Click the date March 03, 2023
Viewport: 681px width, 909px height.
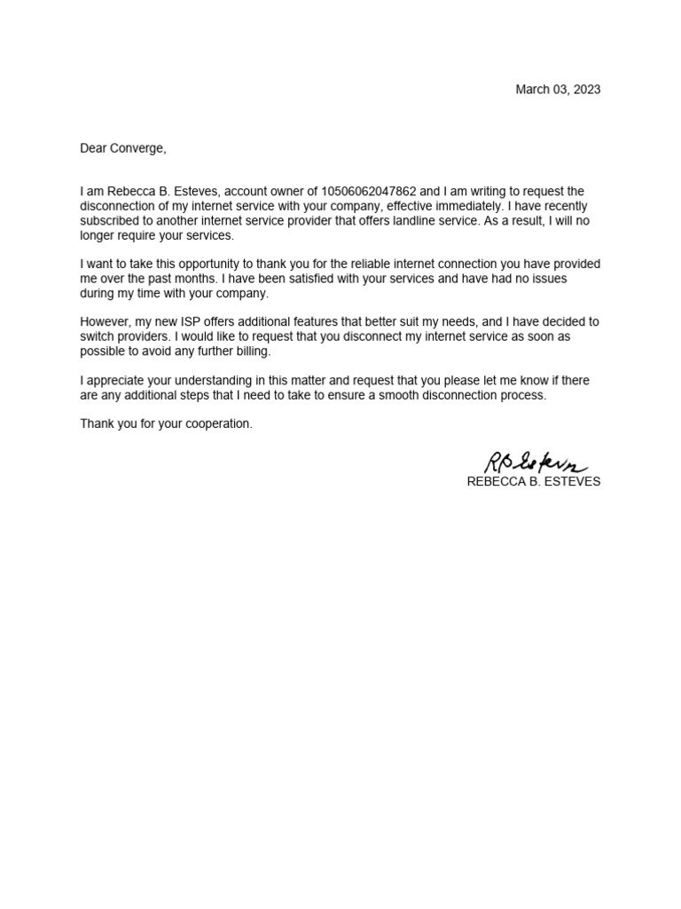[x=558, y=90]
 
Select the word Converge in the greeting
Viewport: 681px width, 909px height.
[x=137, y=148]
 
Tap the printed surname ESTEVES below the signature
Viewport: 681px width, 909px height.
[x=572, y=482]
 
